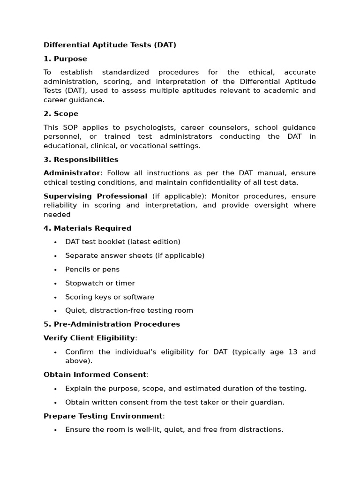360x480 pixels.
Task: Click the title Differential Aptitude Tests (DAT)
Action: pyautogui.click(x=110, y=45)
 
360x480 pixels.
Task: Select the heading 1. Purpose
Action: pyautogui.click(x=65, y=59)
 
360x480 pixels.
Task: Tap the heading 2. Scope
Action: pyautogui.click(x=61, y=113)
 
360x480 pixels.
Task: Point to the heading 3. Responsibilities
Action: pyautogui.click(x=81, y=159)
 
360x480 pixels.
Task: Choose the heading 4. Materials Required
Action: pyautogui.click(x=87, y=228)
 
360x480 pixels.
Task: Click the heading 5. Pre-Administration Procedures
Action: pyautogui.click(x=112, y=324)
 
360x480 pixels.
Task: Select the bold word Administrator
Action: pyautogui.click(x=72, y=173)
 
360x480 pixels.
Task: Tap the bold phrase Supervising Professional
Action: pyautogui.click(x=95, y=196)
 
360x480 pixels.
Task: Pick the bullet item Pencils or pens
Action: pyautogui.click(x=92, y=270)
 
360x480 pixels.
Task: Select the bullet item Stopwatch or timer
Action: pyautogui.click(x=100, y=283)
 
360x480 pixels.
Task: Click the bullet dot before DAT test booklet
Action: pyautogui.click(x=55, y=242)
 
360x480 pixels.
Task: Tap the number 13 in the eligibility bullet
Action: pyautogui.click(x=292, y=352)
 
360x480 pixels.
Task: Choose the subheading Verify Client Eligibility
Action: pyautogui.click(x=89, y=338)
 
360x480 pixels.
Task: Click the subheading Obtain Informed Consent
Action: pyautogui.click(x=95, y=375)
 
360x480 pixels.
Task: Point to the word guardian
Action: pyautogui.click(x=268, y=402)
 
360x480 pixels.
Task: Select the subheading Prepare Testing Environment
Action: pyautogui.click(x=103, y=416)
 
